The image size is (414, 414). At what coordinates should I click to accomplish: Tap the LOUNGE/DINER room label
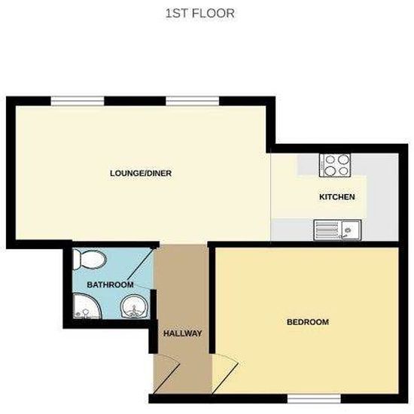(x=141, y=173)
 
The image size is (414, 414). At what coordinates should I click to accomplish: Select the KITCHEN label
(x=336, y=197)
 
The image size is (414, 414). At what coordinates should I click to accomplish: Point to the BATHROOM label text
(x=110, y=285)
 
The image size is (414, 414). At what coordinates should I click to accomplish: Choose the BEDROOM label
(x=308, y=322)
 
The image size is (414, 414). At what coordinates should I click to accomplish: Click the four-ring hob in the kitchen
(x=334, y=164)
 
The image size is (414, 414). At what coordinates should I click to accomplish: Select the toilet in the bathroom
(x=90, y=260)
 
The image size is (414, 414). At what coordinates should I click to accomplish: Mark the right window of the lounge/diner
(x=192, y=100)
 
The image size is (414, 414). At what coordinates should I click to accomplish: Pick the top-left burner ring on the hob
(x=328, y=159)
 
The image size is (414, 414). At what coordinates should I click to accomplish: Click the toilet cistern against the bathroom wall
(x=78, y=260)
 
